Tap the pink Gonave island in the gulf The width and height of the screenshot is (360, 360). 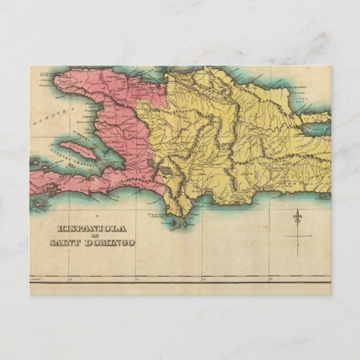[78, 151]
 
